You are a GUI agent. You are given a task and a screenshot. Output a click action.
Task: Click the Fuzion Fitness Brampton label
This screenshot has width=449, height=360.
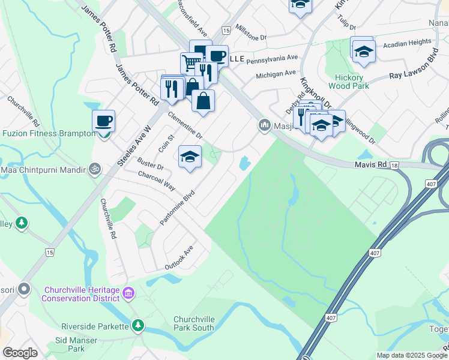point(49,134)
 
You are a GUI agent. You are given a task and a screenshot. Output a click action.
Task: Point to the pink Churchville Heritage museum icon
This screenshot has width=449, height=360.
point(128,293)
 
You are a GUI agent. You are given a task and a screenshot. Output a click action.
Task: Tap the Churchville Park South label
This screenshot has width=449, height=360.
point(194,323)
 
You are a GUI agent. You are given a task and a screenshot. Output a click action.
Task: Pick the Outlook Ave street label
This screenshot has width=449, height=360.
point(180,257)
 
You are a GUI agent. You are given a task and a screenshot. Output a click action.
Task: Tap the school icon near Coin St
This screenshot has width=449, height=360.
point(190,157)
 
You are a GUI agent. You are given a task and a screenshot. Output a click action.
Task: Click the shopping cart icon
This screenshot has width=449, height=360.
point(191,62)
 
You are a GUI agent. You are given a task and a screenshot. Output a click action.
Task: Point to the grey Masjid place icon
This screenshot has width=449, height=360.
point(264,125)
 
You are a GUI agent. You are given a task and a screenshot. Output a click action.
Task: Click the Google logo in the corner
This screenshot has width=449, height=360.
point(20,352)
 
